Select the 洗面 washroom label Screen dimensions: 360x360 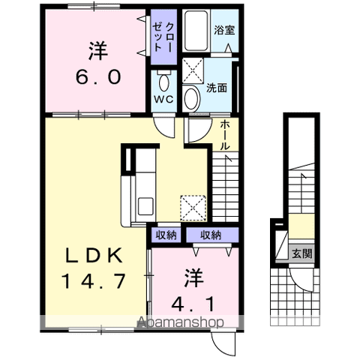point(217,87)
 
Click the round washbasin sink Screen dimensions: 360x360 point(191,97)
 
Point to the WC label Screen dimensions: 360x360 point(163,99)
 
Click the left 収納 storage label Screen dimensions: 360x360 point(166,235)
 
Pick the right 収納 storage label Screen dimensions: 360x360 point(211,235)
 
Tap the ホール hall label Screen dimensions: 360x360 point(225,136)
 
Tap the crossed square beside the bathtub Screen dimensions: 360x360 point(193,71)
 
